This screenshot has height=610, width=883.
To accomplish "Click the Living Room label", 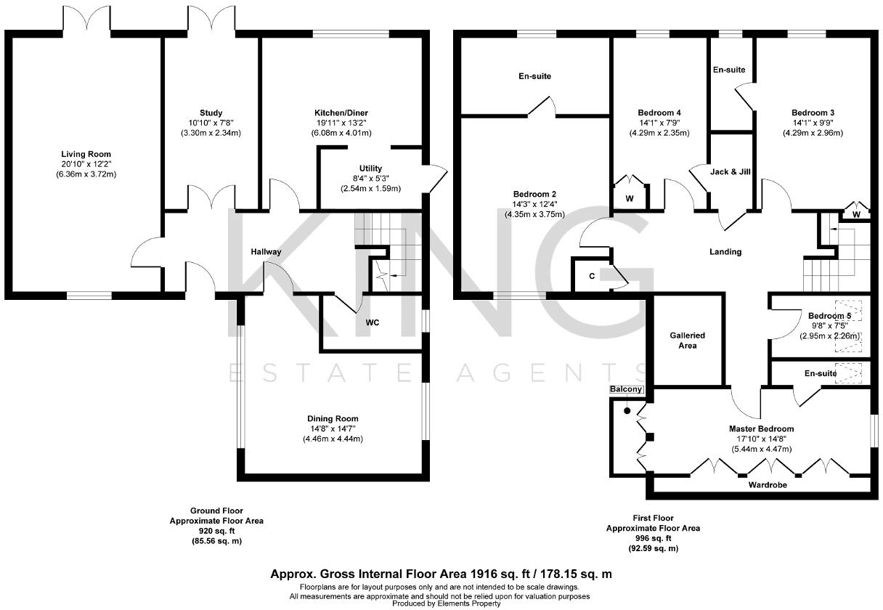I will point(86,154).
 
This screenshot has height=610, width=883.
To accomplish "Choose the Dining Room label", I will point(333,418).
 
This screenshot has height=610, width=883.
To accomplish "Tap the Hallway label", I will point(266,251).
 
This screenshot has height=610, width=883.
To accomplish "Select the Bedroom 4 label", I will point(659,113).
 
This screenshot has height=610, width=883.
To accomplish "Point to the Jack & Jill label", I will point(730,172).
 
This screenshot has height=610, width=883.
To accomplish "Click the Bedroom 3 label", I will point(813,113).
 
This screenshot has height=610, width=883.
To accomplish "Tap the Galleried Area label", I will point(687,340).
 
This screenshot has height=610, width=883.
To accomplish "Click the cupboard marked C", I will point(592,276).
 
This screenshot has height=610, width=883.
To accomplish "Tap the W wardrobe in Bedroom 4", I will point(629,198).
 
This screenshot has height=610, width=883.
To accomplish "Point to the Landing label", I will point(725,252).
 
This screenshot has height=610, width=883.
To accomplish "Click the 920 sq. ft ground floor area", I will point(216,531).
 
